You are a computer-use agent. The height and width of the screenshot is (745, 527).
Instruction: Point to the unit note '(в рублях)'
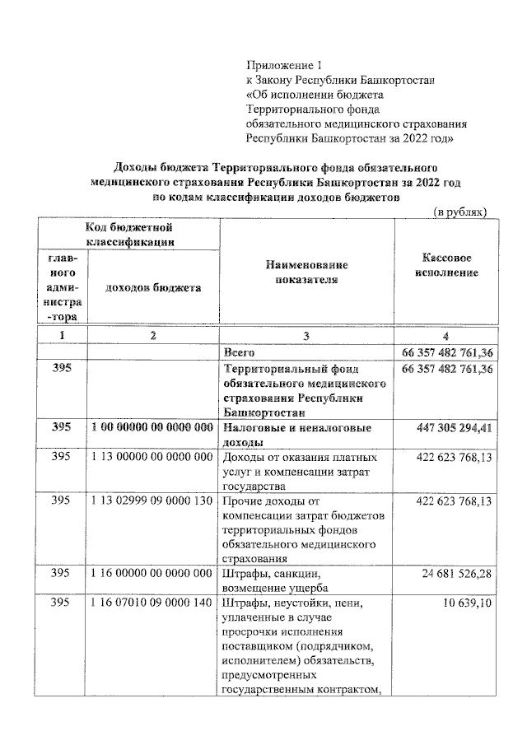(461, 212)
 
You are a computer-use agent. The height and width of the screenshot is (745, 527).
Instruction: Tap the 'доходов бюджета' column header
(153, 288)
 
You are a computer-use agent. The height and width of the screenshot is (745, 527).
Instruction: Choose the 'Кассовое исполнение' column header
(446, 265)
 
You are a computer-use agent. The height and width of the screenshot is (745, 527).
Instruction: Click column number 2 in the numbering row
(153, 336)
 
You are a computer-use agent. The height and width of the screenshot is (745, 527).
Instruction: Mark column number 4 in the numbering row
(445, 336)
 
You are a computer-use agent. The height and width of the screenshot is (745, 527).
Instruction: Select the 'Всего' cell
(240, 352)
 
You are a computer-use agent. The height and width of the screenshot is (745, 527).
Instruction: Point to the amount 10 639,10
(469, 604)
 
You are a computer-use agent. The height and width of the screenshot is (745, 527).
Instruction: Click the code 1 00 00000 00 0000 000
(153, 428)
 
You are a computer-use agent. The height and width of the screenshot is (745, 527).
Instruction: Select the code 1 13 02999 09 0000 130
(153, 501)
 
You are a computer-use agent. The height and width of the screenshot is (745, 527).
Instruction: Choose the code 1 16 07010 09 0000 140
(153, 604)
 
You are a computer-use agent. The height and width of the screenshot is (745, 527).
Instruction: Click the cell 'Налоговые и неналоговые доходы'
(296, 435)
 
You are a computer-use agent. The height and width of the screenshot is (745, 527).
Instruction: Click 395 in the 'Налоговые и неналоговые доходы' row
(62, 428)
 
